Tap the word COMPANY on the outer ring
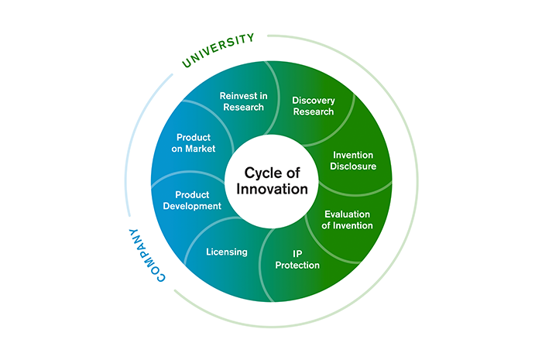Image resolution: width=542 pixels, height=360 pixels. (146, 255)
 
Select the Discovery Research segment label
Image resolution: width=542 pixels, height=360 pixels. (313, 105)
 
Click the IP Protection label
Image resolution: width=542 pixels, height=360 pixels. (297, 259)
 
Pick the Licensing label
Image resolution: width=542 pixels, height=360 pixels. (227, 252)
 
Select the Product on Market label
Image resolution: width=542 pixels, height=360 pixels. (195, 142)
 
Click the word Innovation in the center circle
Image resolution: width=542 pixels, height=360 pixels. (271, 189)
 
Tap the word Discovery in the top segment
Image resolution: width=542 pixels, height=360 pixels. (313, 99)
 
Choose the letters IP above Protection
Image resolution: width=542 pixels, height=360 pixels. (297, 252)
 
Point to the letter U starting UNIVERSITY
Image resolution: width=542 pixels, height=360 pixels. (187, 63)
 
